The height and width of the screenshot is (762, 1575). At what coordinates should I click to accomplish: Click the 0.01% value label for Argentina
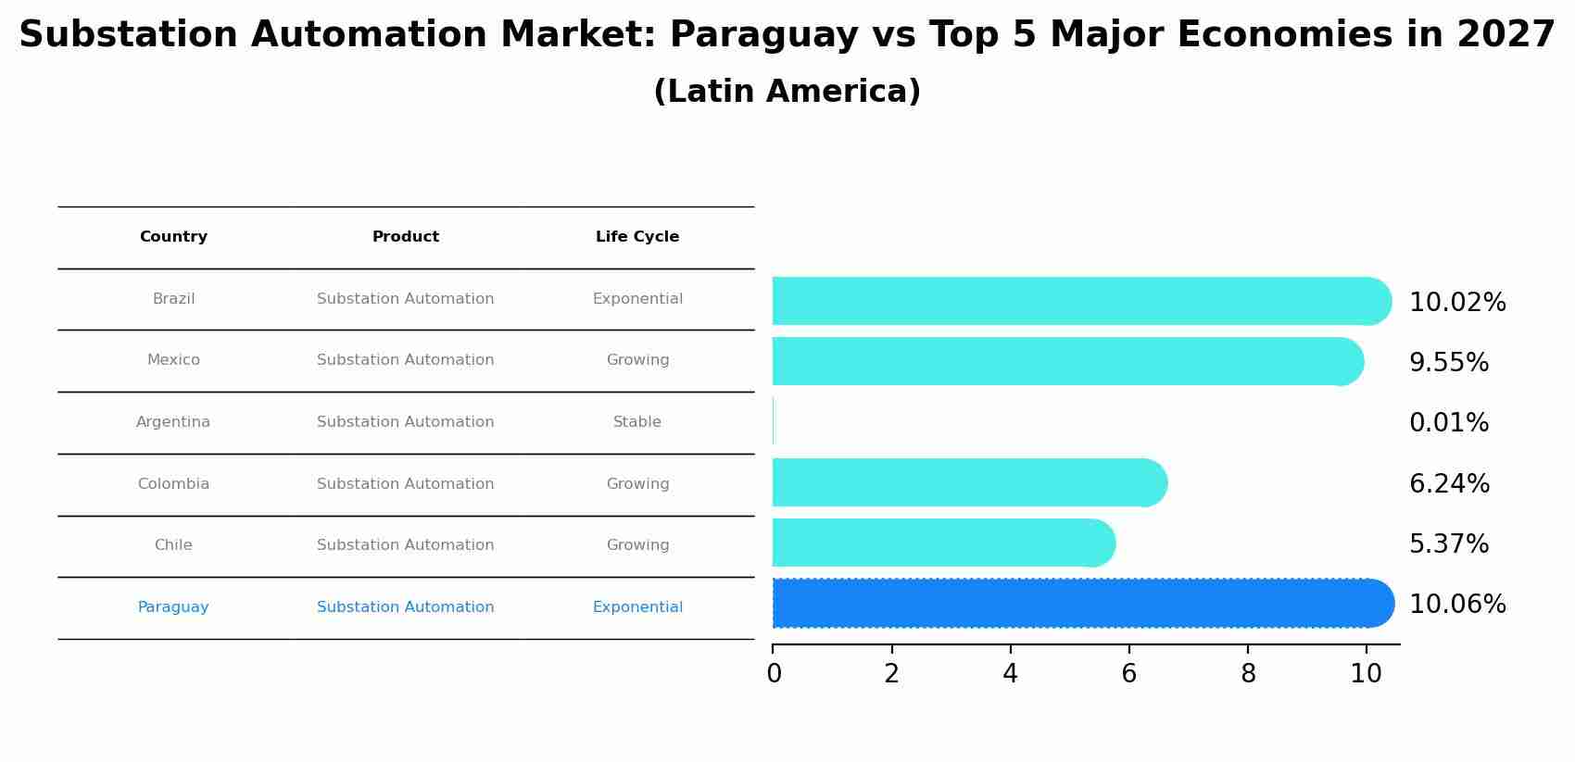[1448, 423]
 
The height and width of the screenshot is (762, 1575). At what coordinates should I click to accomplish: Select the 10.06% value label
[1456, 605]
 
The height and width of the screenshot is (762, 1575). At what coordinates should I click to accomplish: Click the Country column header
[173, 237]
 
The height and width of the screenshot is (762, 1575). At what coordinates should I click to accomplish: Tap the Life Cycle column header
[637, 237]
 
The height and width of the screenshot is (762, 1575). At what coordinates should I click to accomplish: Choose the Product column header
[405, 237]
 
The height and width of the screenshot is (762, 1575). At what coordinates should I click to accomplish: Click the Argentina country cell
[173, 422]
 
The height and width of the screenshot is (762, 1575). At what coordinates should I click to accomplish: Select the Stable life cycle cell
[637, 422]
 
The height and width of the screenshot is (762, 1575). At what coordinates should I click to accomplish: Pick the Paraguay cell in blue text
[173, 607]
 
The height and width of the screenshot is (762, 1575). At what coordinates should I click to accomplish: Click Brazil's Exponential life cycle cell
[637, 299]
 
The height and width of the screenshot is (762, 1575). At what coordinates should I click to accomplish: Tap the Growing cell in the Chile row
[637, 545]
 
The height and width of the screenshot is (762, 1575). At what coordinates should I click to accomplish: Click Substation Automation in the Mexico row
[405, 360]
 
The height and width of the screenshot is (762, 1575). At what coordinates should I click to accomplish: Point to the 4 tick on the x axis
[1010, 673]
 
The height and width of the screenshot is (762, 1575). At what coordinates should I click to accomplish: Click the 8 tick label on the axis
[1248, 673]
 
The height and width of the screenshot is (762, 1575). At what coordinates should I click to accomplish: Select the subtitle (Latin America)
[787, 92]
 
